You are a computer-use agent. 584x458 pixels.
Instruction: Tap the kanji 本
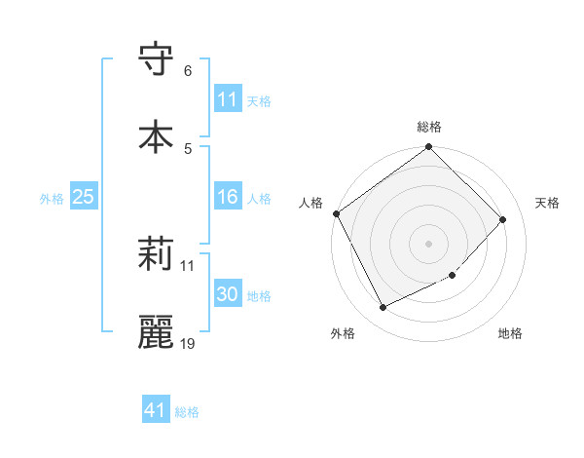click(157, 135)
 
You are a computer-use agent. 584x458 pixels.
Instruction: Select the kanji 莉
click(157, 255)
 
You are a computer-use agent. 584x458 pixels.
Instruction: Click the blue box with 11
click(228, 99)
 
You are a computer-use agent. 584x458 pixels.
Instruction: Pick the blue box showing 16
click(228, 198)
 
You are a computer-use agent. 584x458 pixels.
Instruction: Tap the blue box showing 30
click(228, 295)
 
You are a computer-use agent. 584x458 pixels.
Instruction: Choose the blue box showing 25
click(84, 198)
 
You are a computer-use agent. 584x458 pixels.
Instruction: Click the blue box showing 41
click(156, 411)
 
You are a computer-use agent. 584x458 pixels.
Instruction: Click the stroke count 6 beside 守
click(188, 71)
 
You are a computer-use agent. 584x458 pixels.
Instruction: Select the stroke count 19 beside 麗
click(188, 343)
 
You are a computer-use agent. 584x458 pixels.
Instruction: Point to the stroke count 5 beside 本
click(188, 148)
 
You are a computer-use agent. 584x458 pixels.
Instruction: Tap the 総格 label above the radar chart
click(429, 127)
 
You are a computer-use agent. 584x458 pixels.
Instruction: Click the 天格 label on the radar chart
click(547, 203)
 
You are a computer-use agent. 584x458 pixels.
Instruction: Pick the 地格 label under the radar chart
click(510, 334)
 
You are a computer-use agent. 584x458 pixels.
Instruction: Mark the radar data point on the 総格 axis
click(429, 148)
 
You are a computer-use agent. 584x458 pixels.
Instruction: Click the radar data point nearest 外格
click(383, 308)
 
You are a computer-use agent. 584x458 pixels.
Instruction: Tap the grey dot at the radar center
click(429, 243)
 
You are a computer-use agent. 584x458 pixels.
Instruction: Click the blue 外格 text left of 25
click(52, 199)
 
